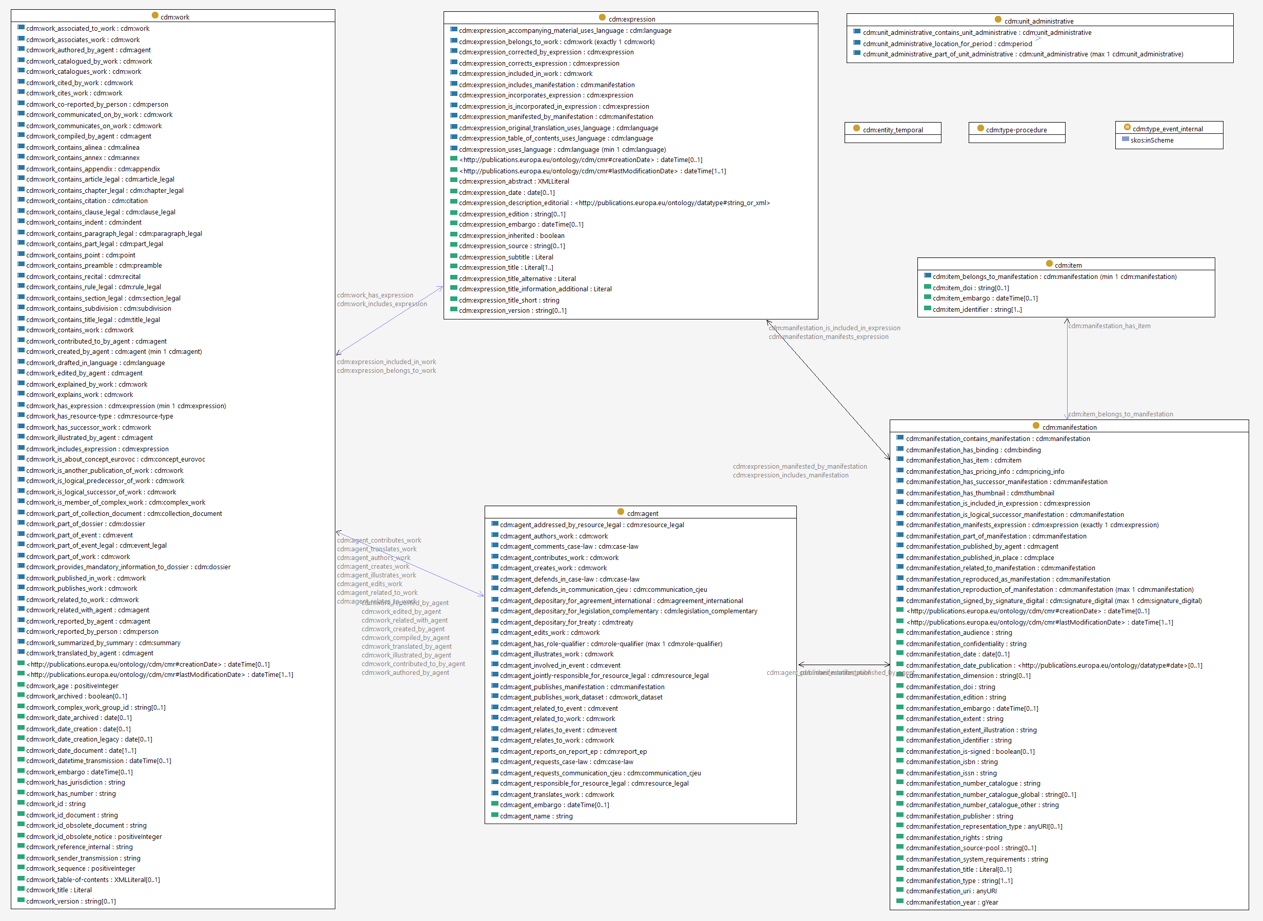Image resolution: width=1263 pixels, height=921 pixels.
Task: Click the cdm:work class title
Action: (174, 17)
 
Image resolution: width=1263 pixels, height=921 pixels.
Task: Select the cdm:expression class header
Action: (632, 19)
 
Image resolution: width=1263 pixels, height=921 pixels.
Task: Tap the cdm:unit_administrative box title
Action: (1038, 21)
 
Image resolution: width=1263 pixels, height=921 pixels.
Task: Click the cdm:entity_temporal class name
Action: (892, 130)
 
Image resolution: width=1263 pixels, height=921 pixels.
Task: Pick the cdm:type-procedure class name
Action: (1016, 130)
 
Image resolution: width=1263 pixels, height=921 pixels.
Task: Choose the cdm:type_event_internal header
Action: (1167, 129)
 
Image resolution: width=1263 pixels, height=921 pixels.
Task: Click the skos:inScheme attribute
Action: (1152, 141)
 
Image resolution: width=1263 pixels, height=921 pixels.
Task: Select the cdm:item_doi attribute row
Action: (970, 288)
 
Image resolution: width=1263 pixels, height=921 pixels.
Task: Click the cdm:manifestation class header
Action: (1069, 428)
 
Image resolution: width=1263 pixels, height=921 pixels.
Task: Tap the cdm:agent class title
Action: (642, 513)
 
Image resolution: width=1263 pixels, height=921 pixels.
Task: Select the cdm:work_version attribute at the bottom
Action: (71, 902)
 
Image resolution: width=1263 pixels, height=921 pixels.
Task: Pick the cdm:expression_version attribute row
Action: (512, 311)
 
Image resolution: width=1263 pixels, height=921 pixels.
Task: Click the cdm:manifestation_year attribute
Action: (951, 903)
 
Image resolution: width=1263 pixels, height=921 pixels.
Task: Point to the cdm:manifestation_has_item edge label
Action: (1109, 326)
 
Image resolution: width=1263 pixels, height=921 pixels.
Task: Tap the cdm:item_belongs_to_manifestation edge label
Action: (1120, 414)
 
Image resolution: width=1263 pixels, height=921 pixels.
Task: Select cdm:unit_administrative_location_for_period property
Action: (947, 44)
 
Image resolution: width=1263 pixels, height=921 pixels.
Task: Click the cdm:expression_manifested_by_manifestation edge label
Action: (799, 467)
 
